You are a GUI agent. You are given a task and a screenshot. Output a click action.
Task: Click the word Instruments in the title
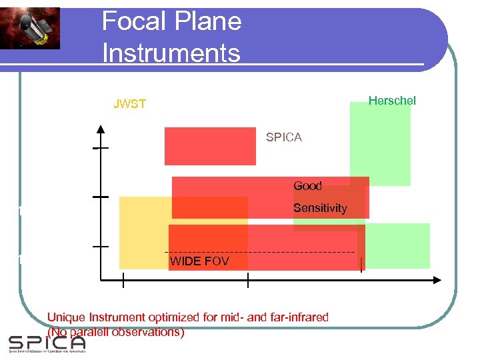coord(171,52)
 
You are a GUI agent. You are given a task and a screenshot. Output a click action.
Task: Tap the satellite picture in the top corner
coord(30,28)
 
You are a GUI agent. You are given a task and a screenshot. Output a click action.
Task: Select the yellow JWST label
coord(130,104)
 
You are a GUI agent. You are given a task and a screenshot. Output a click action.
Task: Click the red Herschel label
coord(392,101)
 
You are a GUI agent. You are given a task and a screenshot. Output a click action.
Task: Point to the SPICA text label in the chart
coord(283,137)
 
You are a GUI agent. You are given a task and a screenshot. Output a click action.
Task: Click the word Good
coord(307,186)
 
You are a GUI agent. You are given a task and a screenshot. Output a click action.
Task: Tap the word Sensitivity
coord(320,208)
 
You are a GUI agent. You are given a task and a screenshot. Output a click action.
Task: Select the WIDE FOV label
coord(199,261)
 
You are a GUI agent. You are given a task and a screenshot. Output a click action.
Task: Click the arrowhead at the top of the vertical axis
coord(100,129)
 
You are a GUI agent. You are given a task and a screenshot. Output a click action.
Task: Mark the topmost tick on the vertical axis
coord(100,148)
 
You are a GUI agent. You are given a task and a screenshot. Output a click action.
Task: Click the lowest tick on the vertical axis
coord(100,246)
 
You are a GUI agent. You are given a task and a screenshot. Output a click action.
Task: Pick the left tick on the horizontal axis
coord(123,283)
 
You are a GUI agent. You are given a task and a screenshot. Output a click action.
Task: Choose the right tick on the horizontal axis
coord(248,283)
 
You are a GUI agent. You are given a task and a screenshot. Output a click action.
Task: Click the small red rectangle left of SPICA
coord(210,146)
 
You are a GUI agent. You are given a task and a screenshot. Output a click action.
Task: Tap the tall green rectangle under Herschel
coord(380,143)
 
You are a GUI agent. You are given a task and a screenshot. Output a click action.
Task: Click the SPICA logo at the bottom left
coord(47,343)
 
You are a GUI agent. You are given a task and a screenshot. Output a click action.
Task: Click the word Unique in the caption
coord(65,317)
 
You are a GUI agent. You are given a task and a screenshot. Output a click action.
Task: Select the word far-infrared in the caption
coord(298,317)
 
